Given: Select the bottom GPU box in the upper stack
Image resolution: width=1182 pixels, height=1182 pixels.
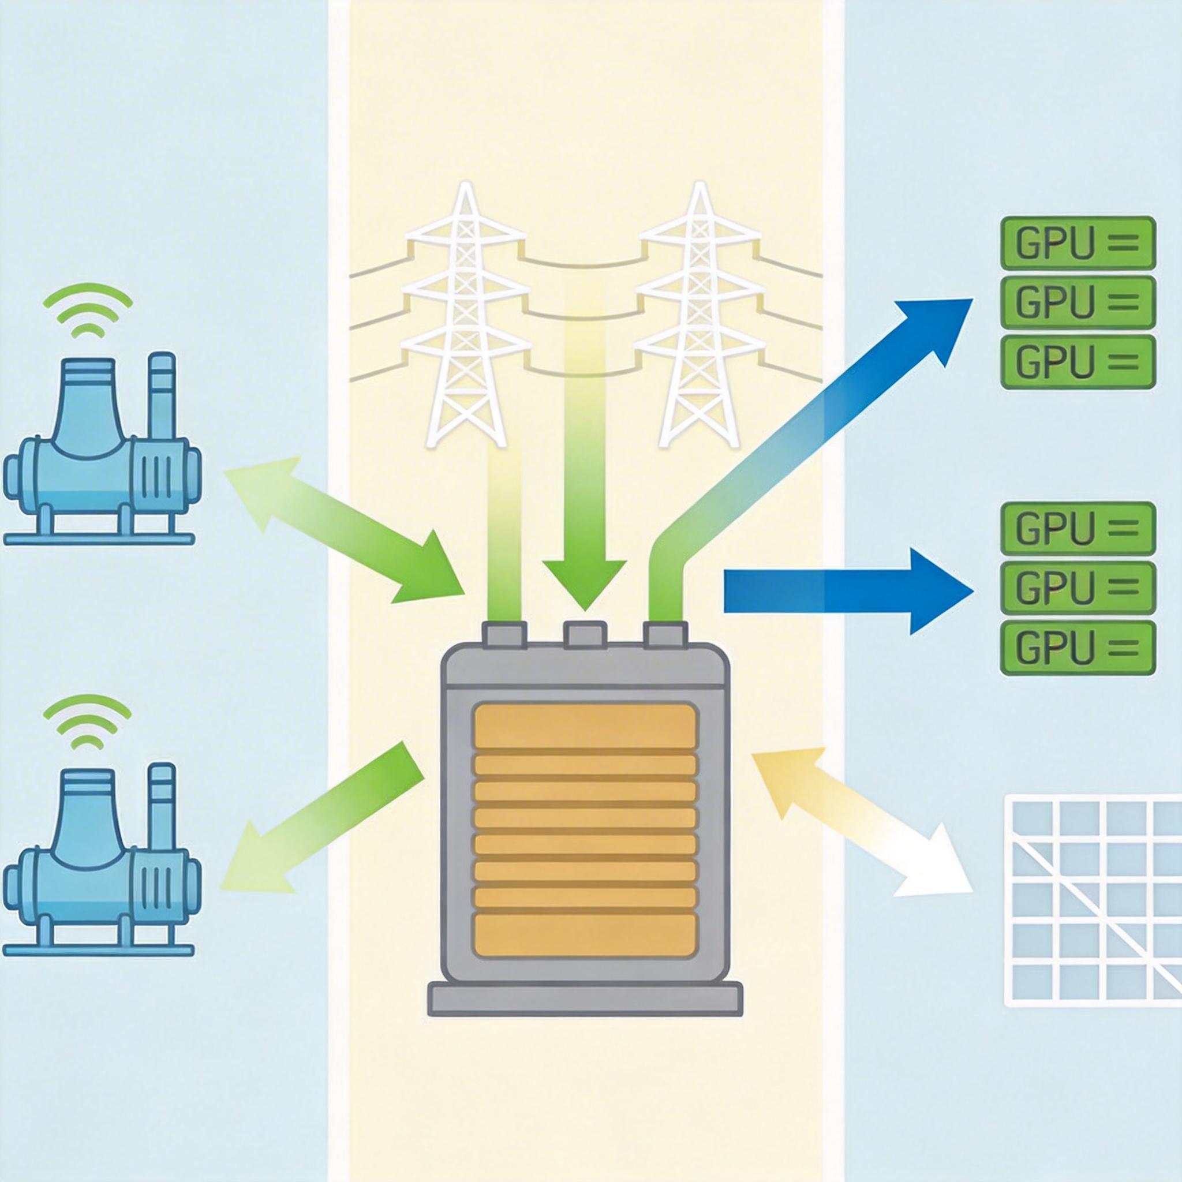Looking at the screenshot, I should coord(1078,361).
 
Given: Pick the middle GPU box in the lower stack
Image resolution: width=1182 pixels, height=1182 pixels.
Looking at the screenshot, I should coord(1078,586).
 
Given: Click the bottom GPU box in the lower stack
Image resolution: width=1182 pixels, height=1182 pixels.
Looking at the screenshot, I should coord(1078,646).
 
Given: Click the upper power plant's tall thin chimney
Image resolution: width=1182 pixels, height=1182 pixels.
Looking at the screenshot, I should coord(162,391).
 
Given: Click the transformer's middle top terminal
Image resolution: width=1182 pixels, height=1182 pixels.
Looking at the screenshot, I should coord(584,634).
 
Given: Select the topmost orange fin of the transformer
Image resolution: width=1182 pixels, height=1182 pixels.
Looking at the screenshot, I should coord(585,728).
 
